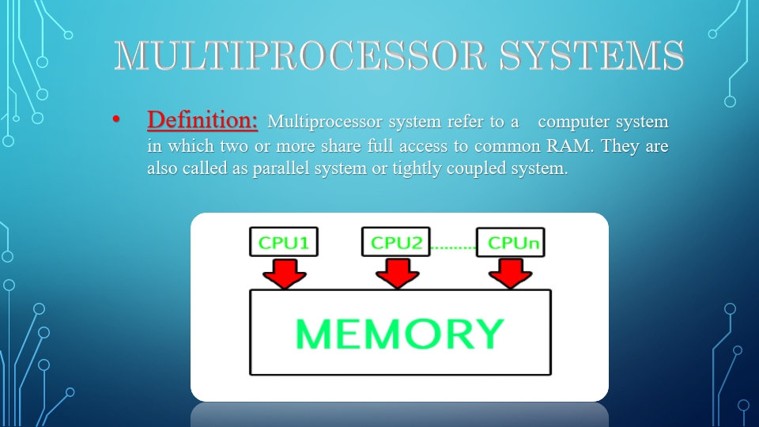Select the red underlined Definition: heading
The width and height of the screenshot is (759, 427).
202,120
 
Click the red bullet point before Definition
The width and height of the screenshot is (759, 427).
116,121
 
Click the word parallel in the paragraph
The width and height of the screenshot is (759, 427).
281,169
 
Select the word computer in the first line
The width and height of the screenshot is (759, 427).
575,122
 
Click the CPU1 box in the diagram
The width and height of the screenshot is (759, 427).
283,242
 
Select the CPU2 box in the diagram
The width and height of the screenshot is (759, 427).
396,242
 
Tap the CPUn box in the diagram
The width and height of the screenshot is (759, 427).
510,242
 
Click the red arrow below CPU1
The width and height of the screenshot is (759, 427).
284,272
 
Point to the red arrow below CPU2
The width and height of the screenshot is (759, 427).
397,272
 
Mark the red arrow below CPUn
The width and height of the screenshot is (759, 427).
510,272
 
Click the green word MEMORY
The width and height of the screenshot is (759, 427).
399,334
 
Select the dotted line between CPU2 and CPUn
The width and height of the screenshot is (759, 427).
452,248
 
